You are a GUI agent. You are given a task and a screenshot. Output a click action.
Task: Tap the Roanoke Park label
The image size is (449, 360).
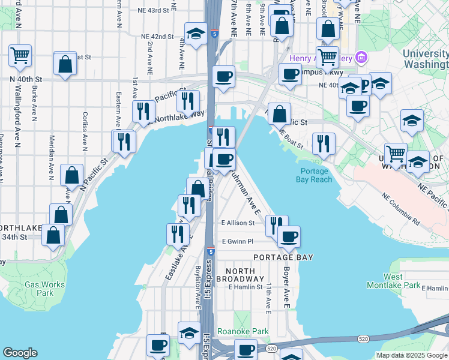pyautogui.click(x=251, y=331)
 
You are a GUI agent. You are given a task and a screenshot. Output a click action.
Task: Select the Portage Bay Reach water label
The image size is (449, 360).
pyautogui.click(x=314, y=175)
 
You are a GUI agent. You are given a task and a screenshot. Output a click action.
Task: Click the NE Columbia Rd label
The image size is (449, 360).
pyautogui.click(x=402, y=207)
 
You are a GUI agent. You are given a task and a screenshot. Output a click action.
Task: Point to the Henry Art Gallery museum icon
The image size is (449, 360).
pyautogui.click(x=361, y=58)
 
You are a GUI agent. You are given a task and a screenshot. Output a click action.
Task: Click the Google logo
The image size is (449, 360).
pyautogui.click(x=20, y=353)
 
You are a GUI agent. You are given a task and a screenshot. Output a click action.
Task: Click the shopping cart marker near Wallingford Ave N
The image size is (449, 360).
pyautogui.click(x=20, y=56)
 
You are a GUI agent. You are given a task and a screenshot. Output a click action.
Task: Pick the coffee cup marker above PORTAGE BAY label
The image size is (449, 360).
pyautogui.click(x=289, y=236)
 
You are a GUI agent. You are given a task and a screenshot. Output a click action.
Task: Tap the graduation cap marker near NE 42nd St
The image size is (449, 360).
pyautogui.click(x=196, y=35)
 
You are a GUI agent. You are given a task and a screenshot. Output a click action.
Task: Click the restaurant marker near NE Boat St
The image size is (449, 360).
pyautogui.click(x=324, y=143)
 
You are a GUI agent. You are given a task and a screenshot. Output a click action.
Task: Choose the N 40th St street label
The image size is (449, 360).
pyautogui.click(x=26, y=79)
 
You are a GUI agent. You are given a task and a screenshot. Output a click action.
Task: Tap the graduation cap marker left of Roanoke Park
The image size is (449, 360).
pyautogui.click(x=189, y=332)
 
